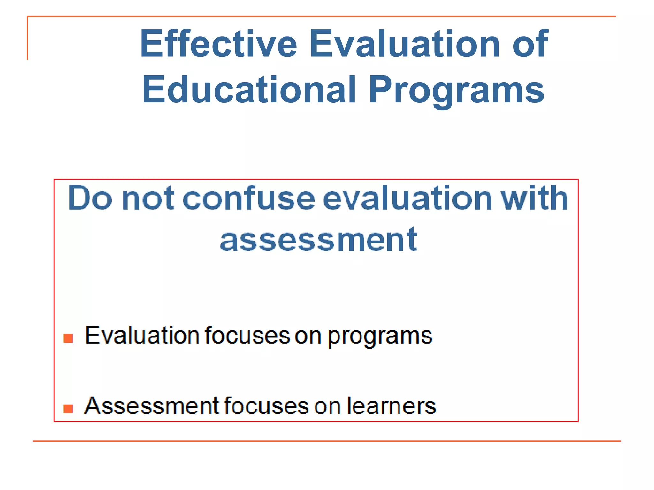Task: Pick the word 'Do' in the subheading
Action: click(90, 198)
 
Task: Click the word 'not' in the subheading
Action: click(148, 199)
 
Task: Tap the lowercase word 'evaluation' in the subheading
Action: click(407, 198)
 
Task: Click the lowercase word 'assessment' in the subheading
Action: click(319, 240)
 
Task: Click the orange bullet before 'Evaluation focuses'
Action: click(68, 338)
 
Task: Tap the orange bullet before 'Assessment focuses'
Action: click(68, 409)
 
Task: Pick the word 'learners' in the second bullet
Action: click(392, 406)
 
